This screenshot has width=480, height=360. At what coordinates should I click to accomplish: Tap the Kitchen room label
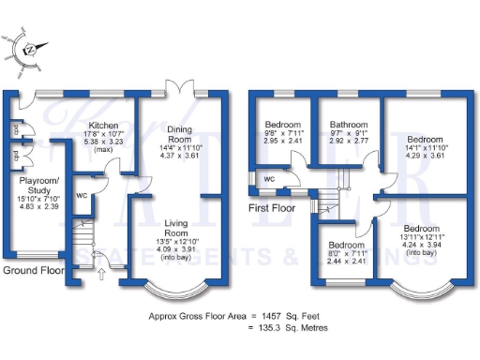click(x=100, y=126)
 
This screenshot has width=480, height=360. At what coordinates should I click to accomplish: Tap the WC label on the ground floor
click(x=81, y=195)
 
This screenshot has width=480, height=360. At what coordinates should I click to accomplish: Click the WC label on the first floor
click(x=268, y=178)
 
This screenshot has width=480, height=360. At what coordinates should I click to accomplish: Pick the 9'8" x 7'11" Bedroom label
click(x=282, y=125)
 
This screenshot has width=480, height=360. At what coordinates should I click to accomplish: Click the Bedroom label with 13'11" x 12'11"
click(x=421, y=229)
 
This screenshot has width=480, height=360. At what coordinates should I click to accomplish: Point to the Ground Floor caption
click(x=33, y=271)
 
